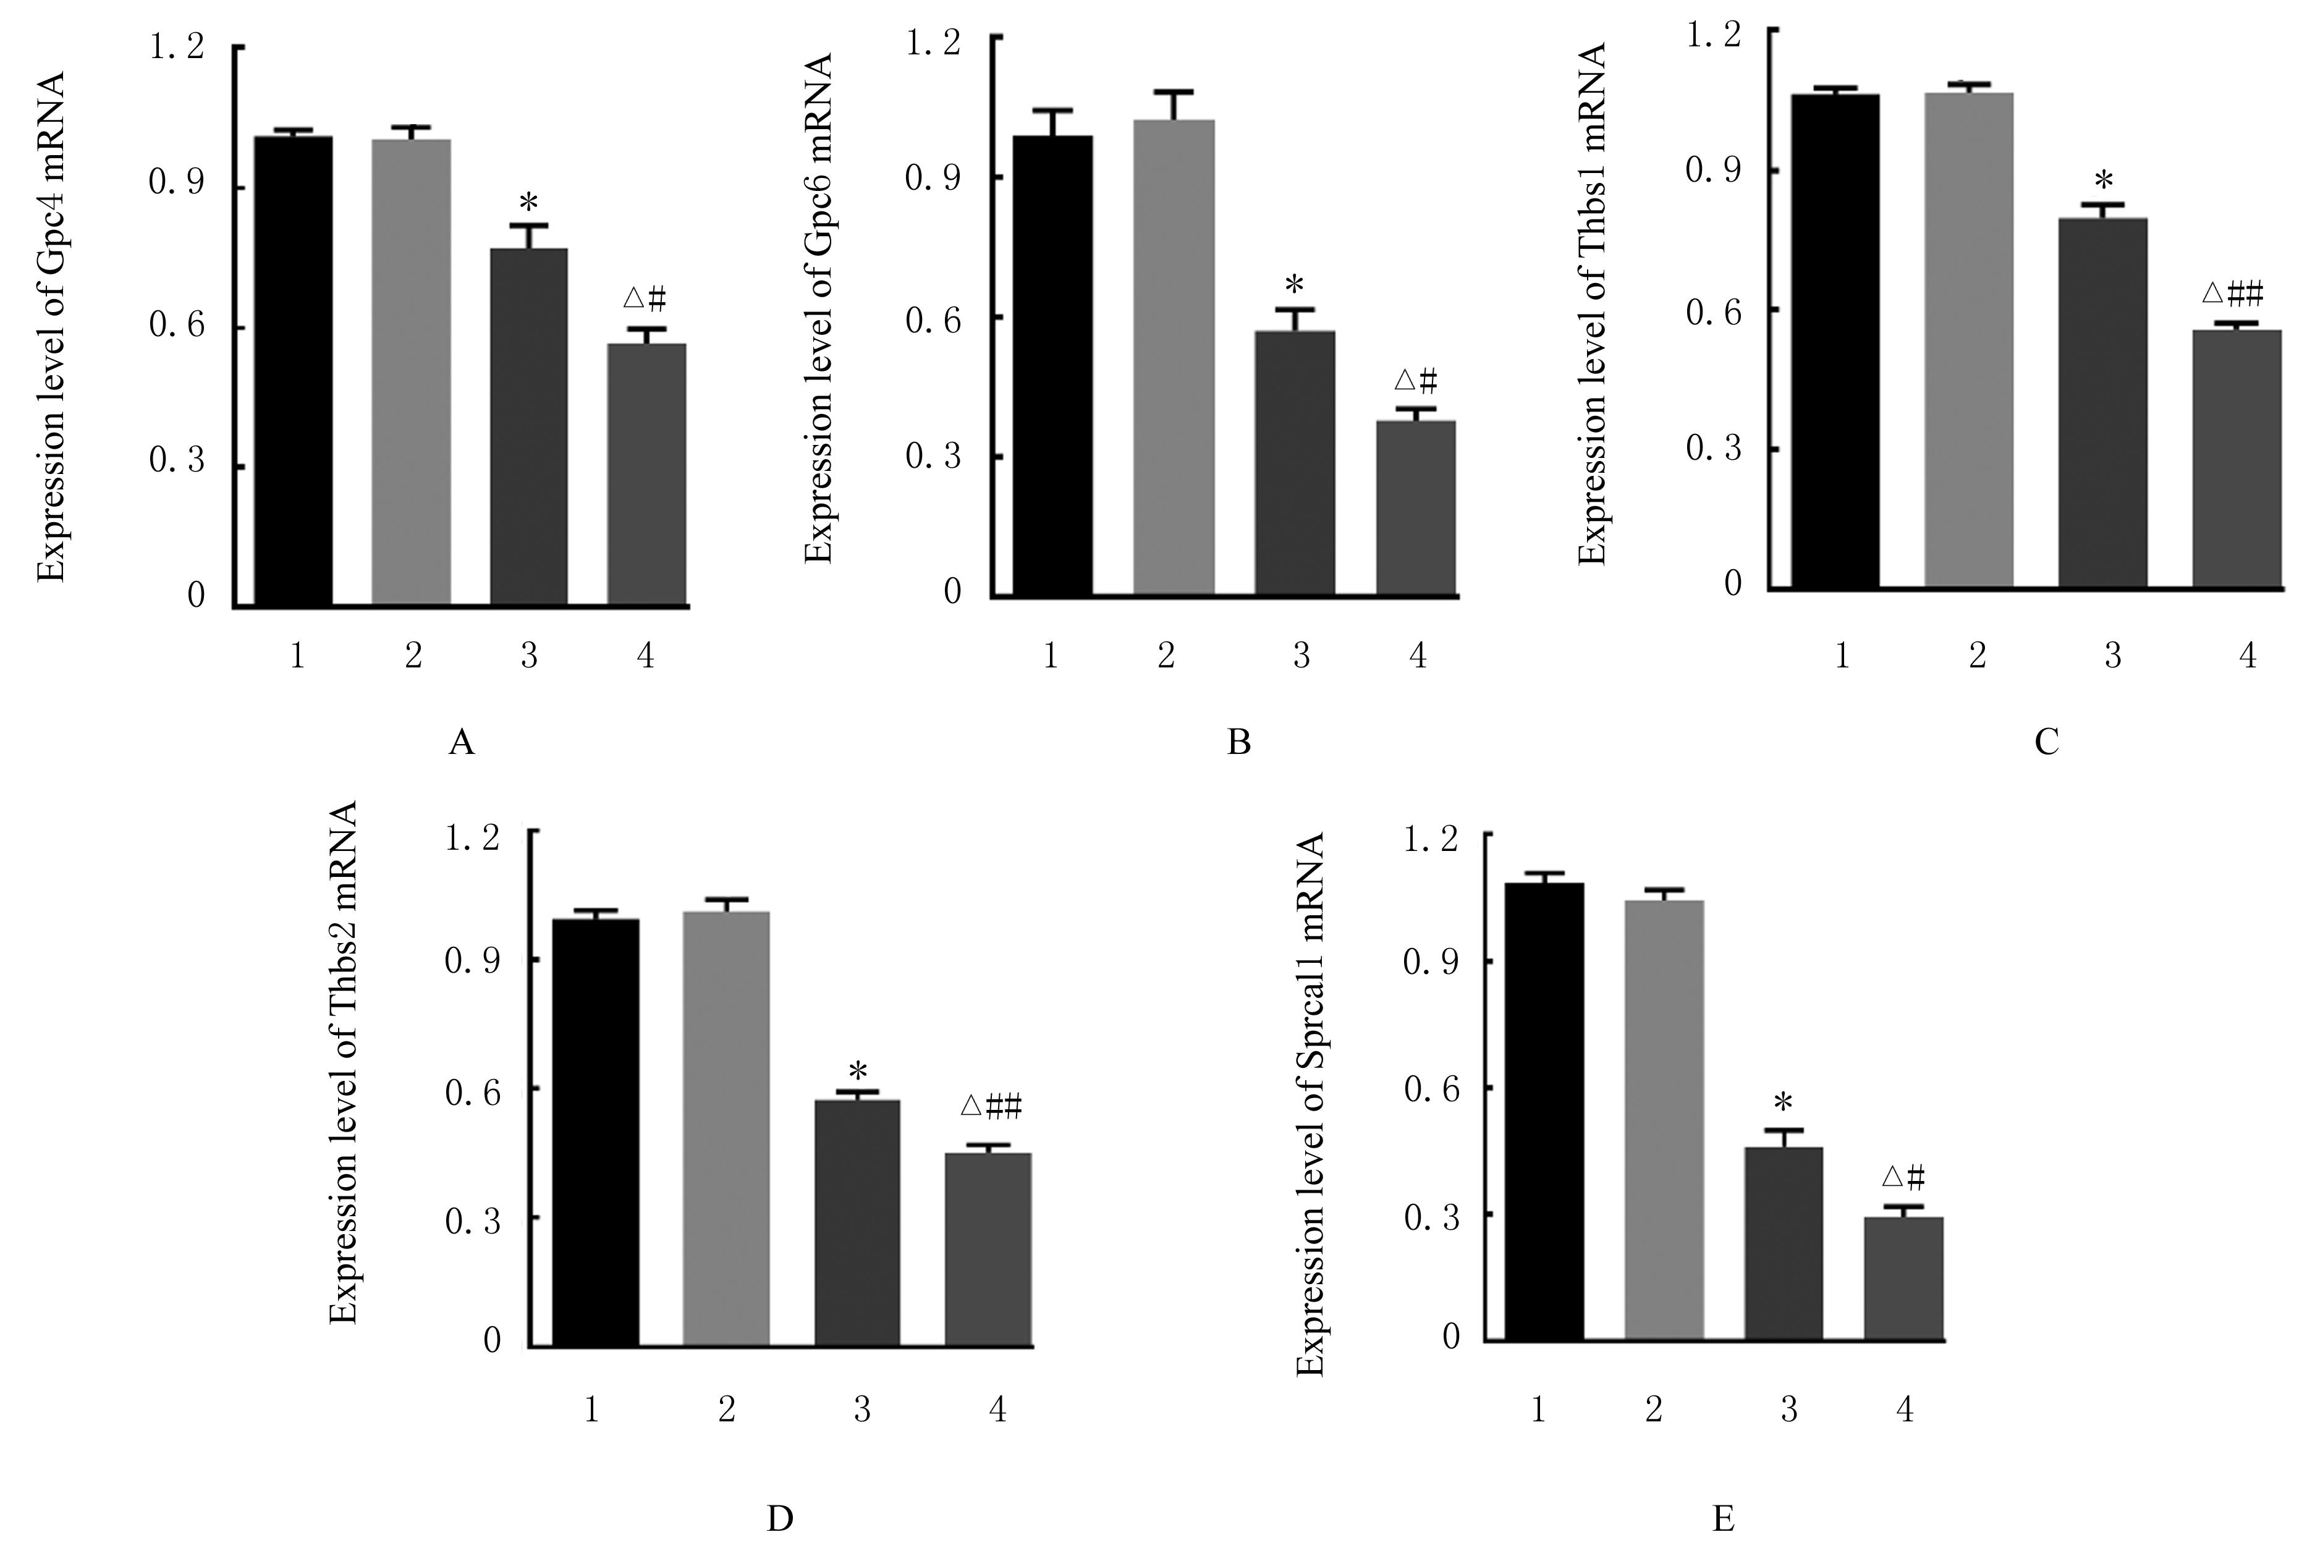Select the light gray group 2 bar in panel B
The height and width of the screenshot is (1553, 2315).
click(x=1174, y=357)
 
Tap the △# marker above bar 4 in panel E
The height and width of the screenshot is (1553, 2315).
click(x=1902, y=1177)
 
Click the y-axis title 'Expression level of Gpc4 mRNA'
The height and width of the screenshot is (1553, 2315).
click(x=51, y=327)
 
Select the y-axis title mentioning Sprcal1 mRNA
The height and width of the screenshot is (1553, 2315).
click(x=1310, y=1104)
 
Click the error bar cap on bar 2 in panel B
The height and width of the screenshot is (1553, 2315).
click(x=1174, y=92)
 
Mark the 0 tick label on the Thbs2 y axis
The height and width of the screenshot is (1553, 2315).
click(x=492, y=1341)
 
